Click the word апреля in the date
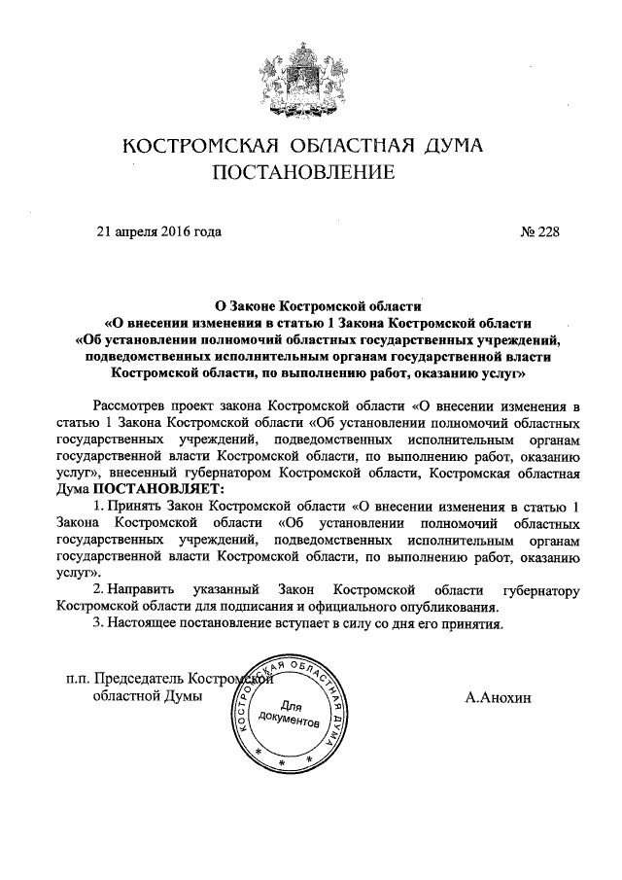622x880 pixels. (x=136, y=231)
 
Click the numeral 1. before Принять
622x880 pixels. (x=98, y=507)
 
